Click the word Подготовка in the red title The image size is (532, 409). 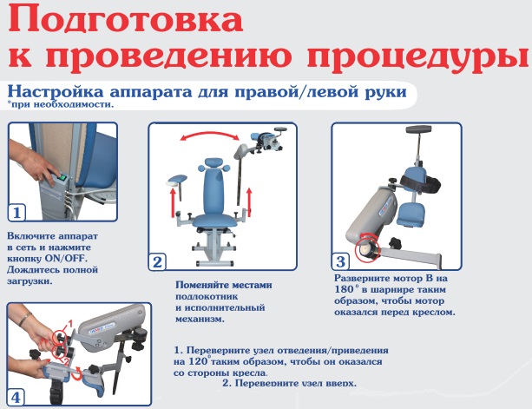[x=125, y=21]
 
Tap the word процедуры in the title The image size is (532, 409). [x=418, y=56]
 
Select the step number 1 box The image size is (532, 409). [x=16, y=213]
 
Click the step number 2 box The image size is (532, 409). [x=157, y=262]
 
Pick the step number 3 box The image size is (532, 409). [x=340, y=261]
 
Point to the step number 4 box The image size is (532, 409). [x=16, y=397]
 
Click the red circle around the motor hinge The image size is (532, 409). [x=367, y=247]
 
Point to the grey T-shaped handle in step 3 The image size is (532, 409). [x=419, y=129]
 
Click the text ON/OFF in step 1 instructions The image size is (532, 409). [x=66, y=259]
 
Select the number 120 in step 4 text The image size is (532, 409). [x=198, y=361]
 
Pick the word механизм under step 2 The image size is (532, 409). [x=200, y=320]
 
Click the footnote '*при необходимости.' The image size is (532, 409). [x=61, y=104]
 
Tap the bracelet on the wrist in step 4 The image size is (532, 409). [x=25, y=319]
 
